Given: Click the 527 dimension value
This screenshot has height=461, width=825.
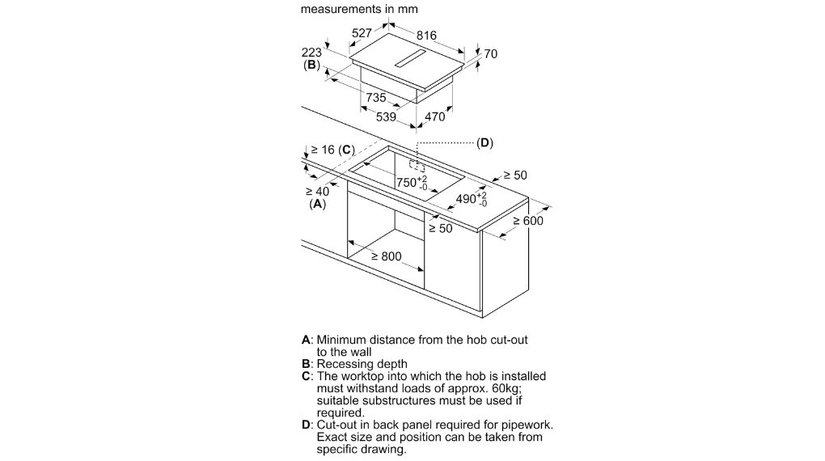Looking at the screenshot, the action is [x=362, y=32].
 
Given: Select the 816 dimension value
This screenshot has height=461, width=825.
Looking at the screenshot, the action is [x=426, y=35].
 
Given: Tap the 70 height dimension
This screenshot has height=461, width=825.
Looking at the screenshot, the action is [x=490, y=53].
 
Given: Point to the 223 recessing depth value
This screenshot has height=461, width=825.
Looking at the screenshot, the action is [x=311, y=53].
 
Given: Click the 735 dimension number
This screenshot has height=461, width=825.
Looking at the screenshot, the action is [x=376, y=97].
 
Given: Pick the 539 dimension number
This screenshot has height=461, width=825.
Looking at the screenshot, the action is [x=386, y=116].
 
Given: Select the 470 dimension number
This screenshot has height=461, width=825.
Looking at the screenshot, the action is [x=434, y=116].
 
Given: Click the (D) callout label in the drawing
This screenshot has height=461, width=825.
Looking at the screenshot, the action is [x=484, y=142].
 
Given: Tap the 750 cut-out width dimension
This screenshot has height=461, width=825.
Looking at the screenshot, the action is [x=412, y=183].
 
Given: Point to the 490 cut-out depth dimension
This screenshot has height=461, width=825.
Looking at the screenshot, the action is [x=472, y=199].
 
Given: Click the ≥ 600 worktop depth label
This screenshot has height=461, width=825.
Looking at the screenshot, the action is [x=528, y=221].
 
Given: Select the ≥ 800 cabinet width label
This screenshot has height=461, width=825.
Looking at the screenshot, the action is [x=386, y=256].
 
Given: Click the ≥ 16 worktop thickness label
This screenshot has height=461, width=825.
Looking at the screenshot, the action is [x=323, y=150].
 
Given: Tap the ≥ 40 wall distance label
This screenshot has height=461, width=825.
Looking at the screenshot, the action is [x=317, y=192].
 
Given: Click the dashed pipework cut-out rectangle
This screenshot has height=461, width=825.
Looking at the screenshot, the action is [x=417, y=166].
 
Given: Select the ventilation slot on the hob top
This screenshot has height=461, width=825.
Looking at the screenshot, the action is [x=411, y=60].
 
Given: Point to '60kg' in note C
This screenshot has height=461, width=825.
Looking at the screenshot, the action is [x=506, y=388].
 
